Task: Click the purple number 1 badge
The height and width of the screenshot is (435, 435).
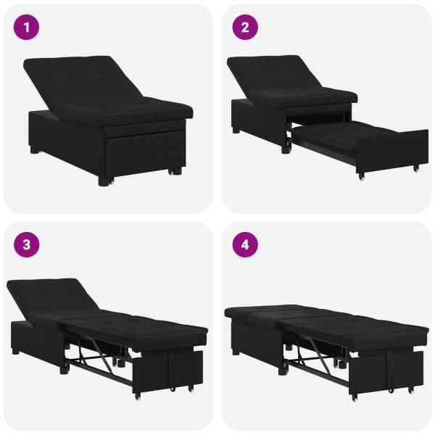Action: point(28,28)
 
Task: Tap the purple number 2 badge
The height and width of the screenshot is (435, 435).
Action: point(245,28)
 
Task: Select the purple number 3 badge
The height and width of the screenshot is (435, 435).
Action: point(28,245)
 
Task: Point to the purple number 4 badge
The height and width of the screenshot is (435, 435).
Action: point(245,245)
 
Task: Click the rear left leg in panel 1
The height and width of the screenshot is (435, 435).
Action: point(36,153)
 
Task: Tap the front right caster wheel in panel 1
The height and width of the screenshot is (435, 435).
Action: point(174,172)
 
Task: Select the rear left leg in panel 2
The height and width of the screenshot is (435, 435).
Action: point(236,131)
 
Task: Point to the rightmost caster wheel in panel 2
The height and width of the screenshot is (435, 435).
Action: point(415,169)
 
